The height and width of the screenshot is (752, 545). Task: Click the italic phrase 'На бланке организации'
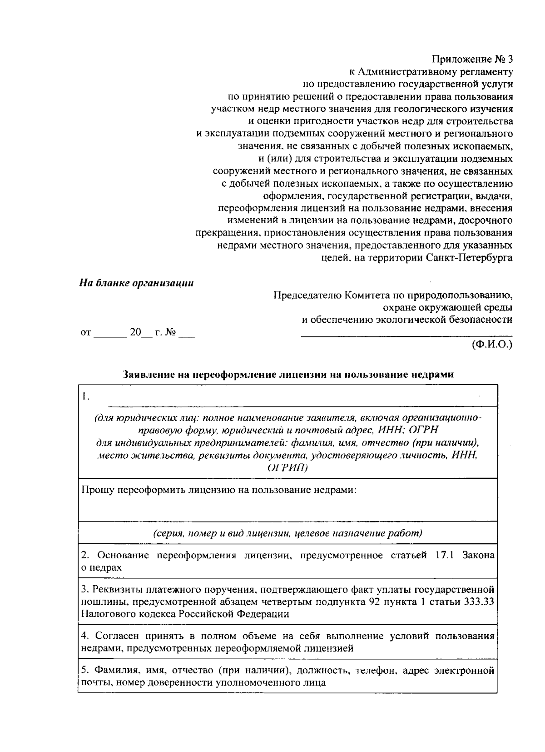pyautogui.click(x=136, y=283)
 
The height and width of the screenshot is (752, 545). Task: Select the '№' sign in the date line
pyautogui.click(x=171, y=332)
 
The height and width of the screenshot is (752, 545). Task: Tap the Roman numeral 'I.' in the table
pyautogui.click(x=85, y=396)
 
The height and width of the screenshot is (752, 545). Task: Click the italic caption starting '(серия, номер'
pyautogui.click(x=287, y=533)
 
